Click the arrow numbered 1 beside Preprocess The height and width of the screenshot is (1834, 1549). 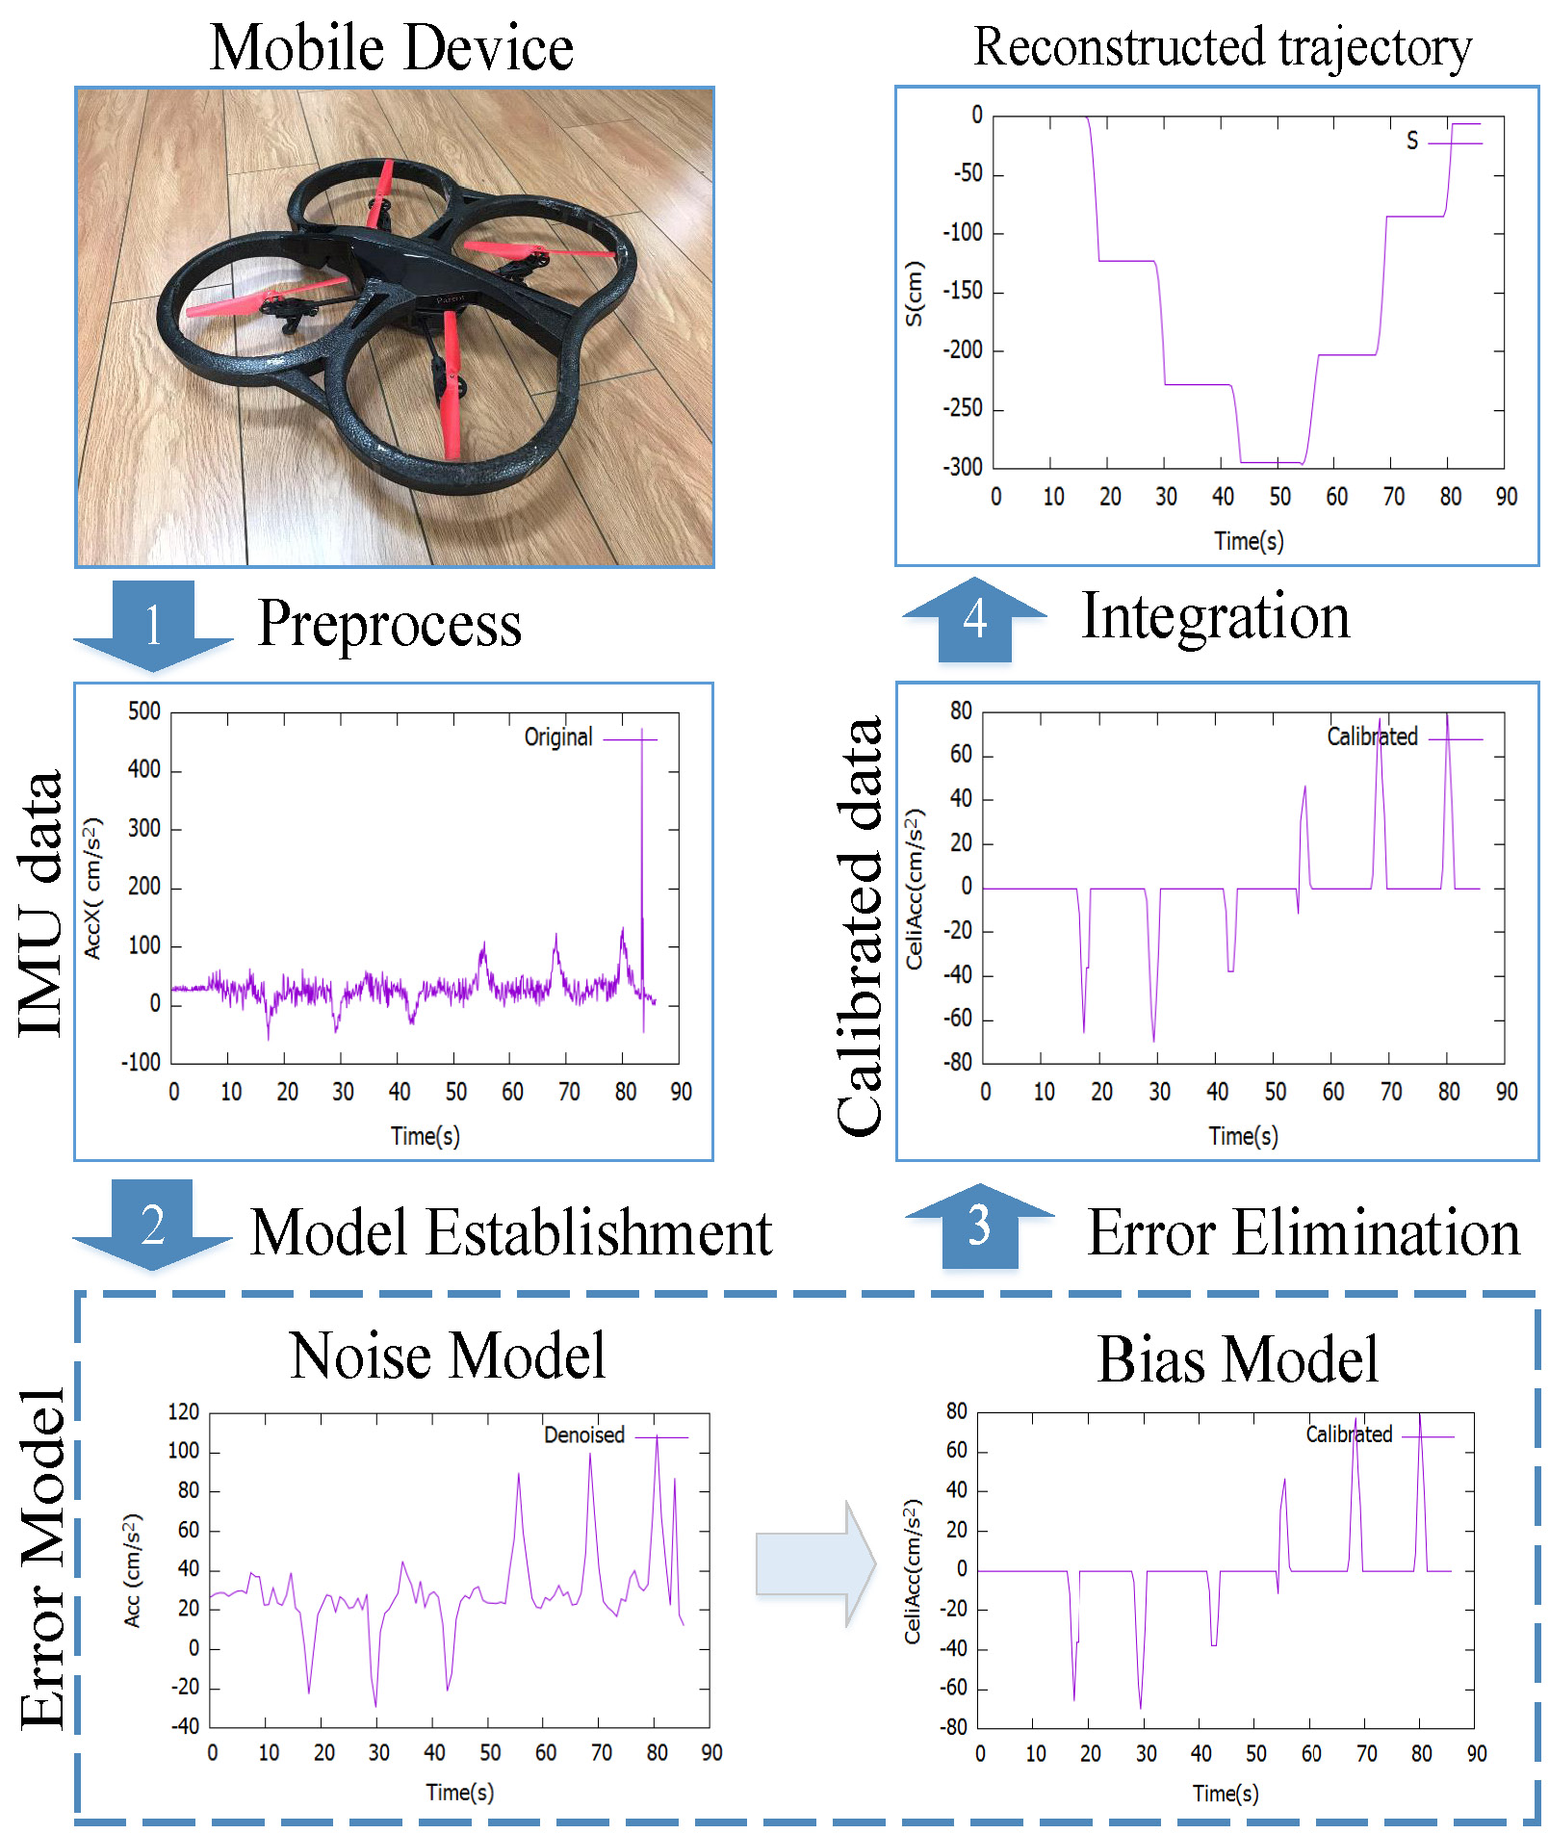[x=153, y=625]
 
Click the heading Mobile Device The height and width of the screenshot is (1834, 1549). [x=392, y=47]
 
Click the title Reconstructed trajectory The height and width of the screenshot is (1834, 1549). [x=1223, y=47]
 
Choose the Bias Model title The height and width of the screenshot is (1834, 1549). [x=1238, y=1359]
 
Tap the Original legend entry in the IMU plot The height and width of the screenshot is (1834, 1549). [x=558, y=737]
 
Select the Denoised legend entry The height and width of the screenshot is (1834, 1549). [x=584, y=1434]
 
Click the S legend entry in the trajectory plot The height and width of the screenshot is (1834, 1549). [x=1412, y=141]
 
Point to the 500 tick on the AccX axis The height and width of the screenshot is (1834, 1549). [x=144, y=711]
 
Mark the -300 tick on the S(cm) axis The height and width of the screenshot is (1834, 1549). [x=963, y=468]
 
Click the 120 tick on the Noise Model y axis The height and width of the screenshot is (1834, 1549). [x=183, y=1411]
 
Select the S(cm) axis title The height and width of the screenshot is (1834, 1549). [x=914, y=294]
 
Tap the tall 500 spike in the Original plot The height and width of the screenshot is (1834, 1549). [x=642, y=770]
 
